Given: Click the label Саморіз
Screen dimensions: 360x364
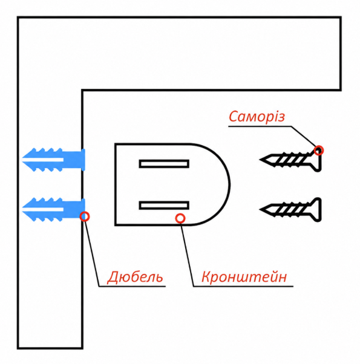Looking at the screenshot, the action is [x=257, y=116].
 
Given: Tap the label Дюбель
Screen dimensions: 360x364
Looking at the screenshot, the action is [x=135, y=277].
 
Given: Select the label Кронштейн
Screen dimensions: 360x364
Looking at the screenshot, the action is [x=244, y=277].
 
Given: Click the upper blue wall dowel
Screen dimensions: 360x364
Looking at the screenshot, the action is [x=54, y=160].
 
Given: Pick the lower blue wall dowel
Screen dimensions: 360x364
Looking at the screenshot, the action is [x=54, y=210].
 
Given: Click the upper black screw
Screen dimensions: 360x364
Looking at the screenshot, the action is [x=290, y=160].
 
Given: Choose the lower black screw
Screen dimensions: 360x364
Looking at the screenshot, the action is [x=290, y=210].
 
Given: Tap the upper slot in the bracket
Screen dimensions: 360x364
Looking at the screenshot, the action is [x=164, y=164].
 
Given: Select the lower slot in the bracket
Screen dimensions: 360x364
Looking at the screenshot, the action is [x=164, y=206].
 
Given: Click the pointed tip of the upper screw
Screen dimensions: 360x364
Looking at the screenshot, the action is [x=260, y=160].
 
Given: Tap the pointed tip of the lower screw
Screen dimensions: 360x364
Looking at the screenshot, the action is [x=260, y=209].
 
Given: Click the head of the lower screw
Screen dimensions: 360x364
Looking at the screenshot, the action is [x=318, y=210].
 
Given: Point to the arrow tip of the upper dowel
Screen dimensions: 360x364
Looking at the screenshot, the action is [x=22, y=160].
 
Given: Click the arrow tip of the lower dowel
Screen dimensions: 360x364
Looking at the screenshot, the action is [x=22, y=209].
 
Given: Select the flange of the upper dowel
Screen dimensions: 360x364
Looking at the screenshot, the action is [x=83, y=160].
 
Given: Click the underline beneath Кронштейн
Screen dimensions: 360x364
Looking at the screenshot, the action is [x=243, y=287].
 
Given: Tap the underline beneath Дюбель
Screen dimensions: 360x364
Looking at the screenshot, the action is [x=132, y=287].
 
